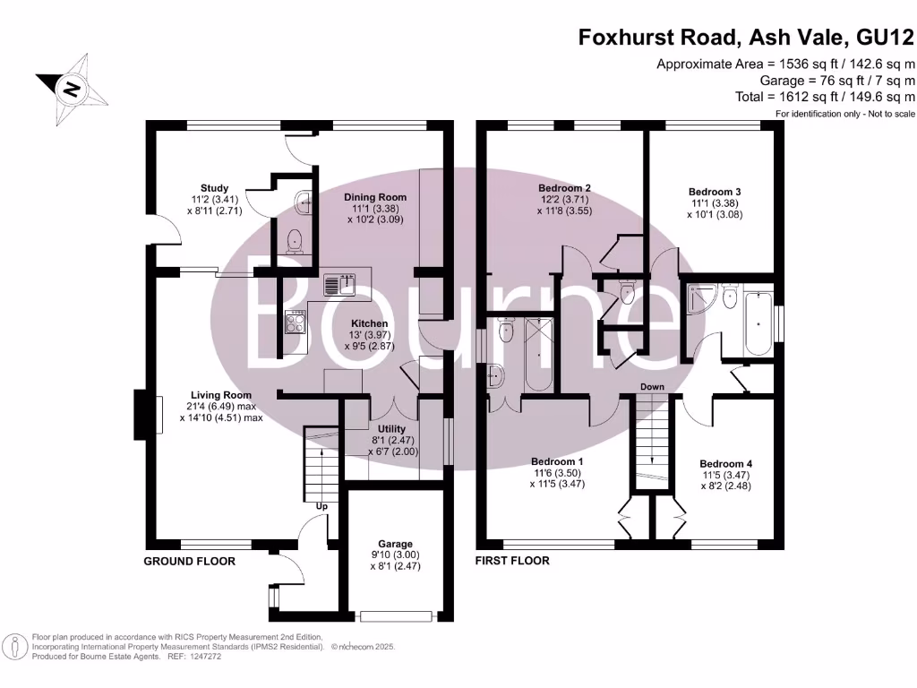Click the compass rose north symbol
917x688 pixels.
[x=70, y=88]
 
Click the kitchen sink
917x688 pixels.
[x=339, y=284]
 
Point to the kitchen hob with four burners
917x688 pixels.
[x=296, y=321]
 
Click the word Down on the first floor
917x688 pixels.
[x=651, y=387]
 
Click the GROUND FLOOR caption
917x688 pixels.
[x=190, y=562]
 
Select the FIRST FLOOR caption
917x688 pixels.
[x=511, y=561]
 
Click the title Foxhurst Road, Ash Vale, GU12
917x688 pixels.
[x=746, y=37]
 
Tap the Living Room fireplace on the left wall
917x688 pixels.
[x=142, y=415]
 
